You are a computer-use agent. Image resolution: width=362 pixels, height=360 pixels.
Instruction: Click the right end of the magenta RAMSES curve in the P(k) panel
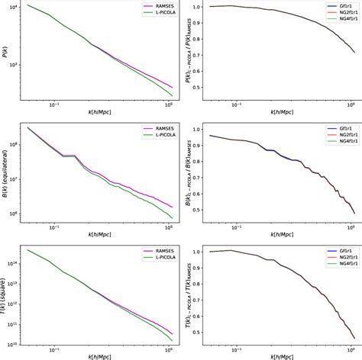172,87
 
